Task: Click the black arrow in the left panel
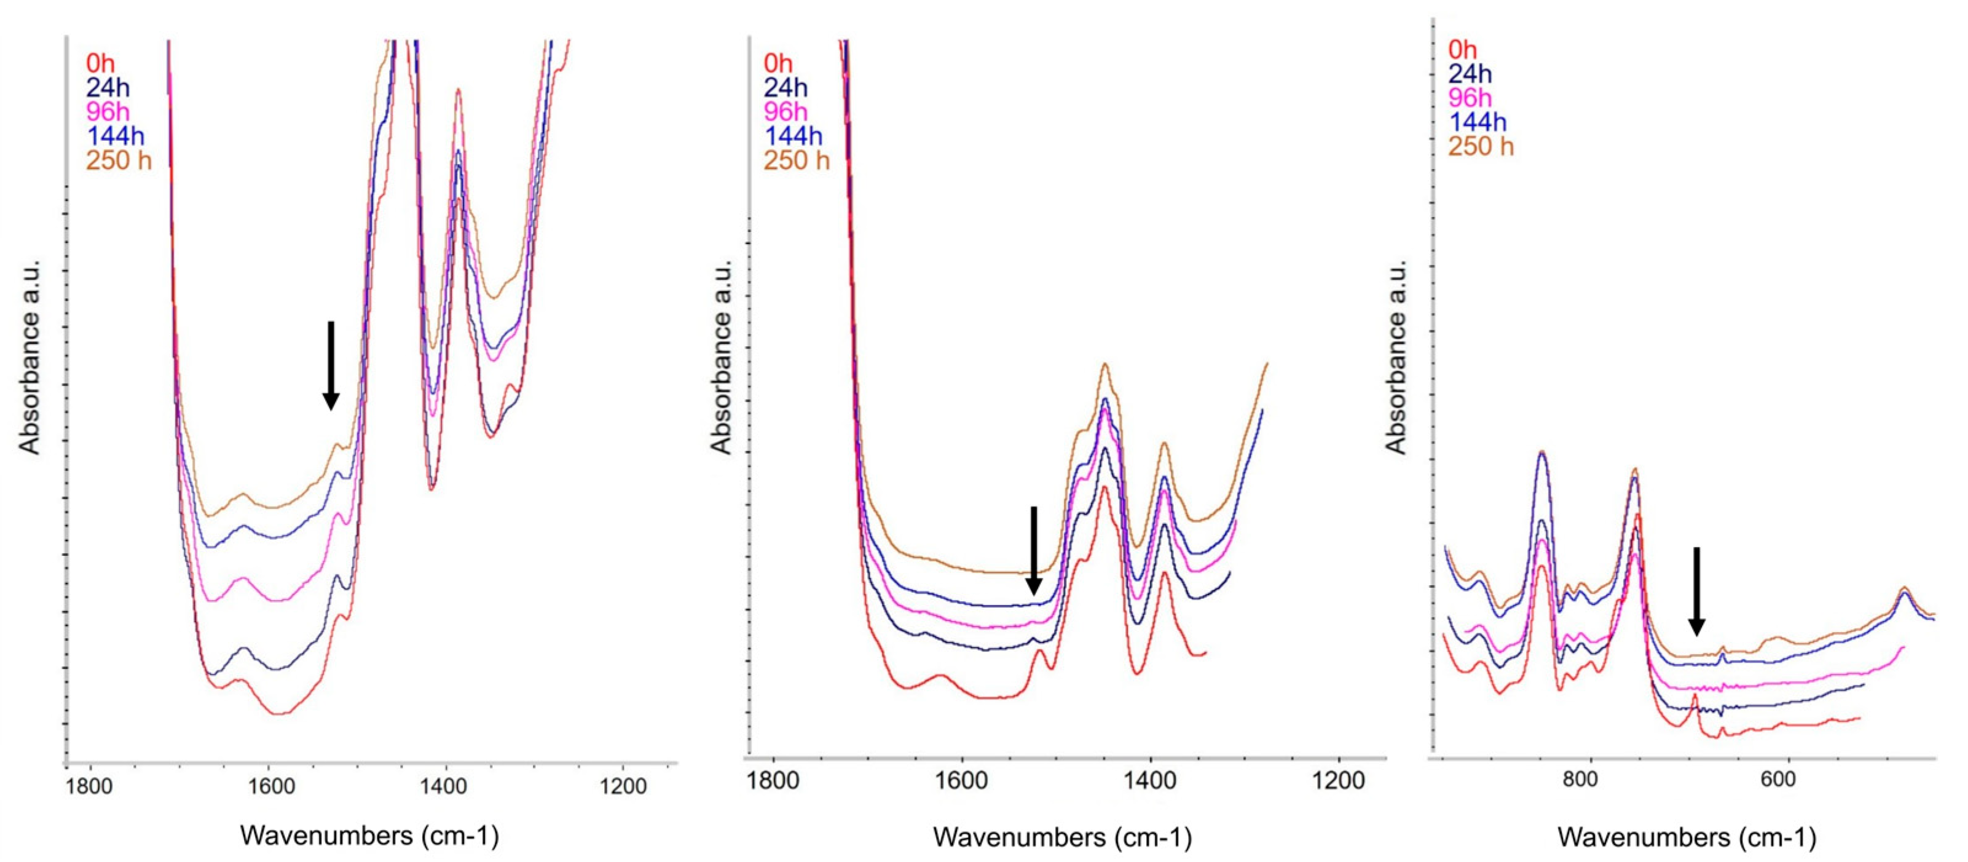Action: (330, 365)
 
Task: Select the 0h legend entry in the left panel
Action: (100, 63)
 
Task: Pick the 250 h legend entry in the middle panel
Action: (796, 160)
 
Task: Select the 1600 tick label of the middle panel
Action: (961, 780)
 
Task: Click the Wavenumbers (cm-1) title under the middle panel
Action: (1062, 837)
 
